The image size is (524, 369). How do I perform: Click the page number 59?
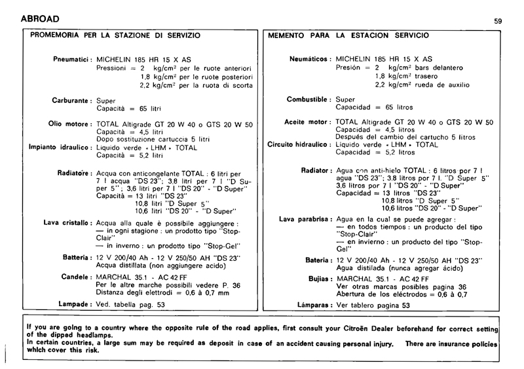pos(498,22)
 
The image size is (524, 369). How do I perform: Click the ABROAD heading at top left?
pos(31,18)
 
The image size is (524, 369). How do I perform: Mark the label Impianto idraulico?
pos(60,147)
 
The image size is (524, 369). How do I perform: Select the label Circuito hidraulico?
pos(299,144)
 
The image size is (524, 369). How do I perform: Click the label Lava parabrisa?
pos(305,219)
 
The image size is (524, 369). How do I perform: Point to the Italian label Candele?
pos(75,277)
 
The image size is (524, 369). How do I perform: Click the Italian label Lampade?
pos(73,305)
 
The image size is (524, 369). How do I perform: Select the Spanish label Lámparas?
pos(312,305)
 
